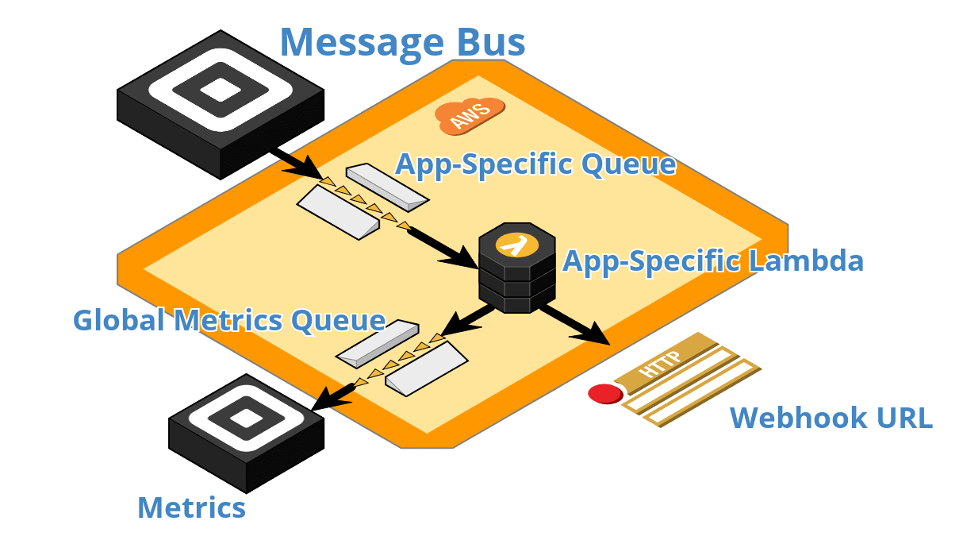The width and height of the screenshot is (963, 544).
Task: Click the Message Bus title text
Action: click(402, 42)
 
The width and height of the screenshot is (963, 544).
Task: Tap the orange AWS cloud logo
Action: click(470, 116)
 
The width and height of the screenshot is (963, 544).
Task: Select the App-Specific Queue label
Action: click(535, 164)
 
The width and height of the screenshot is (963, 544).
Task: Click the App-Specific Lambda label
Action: click(713, 260)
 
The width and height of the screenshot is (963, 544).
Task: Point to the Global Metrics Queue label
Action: click(228, 320)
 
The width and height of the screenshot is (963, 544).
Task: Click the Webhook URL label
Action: click(831, 418)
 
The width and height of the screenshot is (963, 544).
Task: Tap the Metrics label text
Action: click(191, 507)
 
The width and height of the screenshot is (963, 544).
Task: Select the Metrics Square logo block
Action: click(246, 429)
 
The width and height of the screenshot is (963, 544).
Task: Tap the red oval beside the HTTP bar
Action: click(605, 393)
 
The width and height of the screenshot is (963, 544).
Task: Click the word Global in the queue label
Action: click(119, 320)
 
